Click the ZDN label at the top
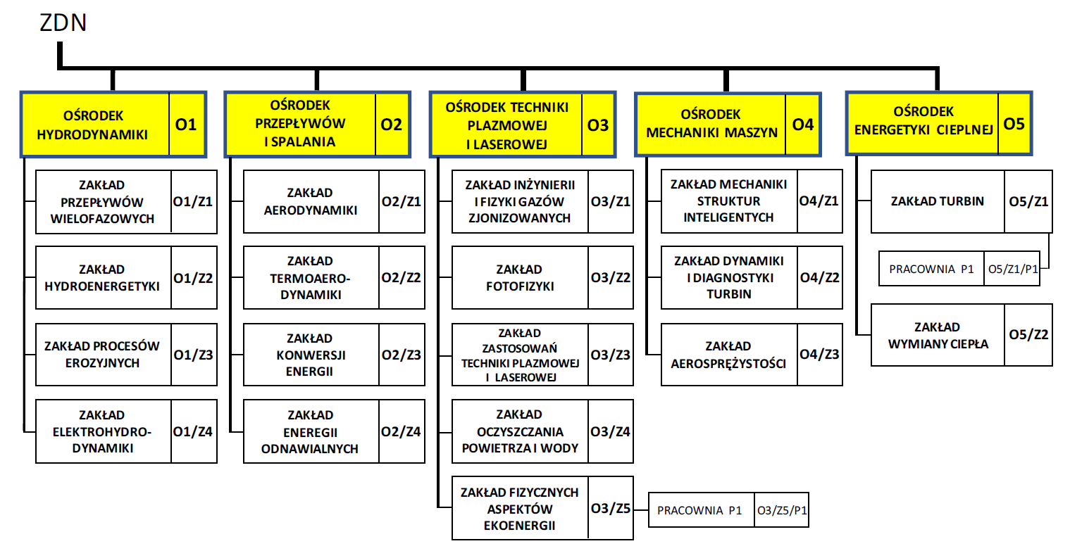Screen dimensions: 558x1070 click(63, 23)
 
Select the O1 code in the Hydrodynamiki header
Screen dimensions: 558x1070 click(186, 125)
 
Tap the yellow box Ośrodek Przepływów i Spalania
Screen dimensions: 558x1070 click(300, 124)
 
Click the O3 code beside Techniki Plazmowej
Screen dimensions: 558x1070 click(597, 125)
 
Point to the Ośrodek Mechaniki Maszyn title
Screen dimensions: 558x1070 click(711, 124)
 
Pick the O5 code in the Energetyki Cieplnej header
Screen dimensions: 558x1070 click(1014, 124)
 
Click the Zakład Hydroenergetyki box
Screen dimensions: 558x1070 click(103, 278)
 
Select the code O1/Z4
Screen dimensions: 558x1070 click(193, 431)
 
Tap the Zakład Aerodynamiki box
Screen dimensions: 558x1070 click(311, 201)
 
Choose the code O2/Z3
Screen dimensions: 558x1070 click(401, 355)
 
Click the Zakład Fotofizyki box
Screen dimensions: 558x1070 click(520, 278)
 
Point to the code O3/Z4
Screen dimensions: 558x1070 click(610, 431)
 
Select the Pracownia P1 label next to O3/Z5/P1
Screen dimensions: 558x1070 click(699, 510)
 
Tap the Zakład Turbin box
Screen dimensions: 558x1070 click(937, 201)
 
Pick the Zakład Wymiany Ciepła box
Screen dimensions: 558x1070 click(938, 335)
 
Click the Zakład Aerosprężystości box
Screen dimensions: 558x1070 click(728, 355)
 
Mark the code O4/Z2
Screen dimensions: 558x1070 click(819, 277)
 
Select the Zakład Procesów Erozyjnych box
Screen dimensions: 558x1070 click(103, 355)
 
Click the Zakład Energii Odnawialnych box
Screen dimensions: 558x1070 click(311, 431)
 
